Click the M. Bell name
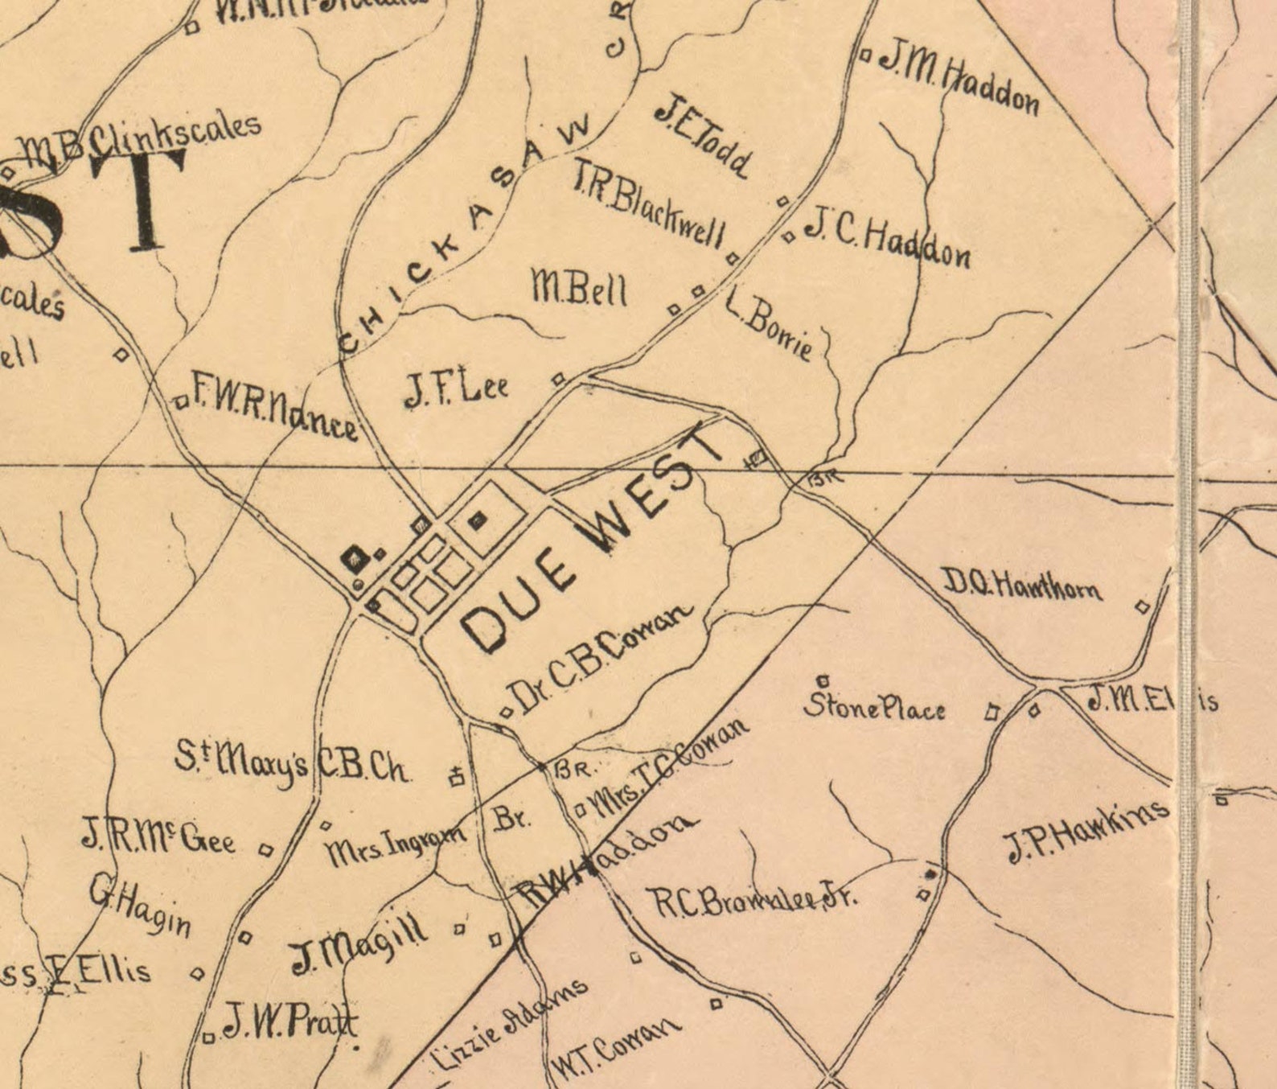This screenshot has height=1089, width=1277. click(578, 289)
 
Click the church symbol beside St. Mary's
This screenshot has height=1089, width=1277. click(457, 776)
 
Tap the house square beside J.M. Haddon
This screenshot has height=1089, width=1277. click(865, 55)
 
